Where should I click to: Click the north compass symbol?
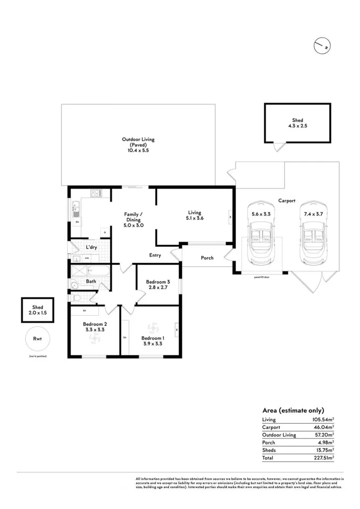coord(321,45)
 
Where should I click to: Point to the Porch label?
coord(207,258)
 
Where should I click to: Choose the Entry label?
coord(155,255)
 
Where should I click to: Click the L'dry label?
coord(91,247)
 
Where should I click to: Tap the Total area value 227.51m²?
coord(323,457)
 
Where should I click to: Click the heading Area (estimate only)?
coord(293,410)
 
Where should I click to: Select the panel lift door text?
coord(262,278)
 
